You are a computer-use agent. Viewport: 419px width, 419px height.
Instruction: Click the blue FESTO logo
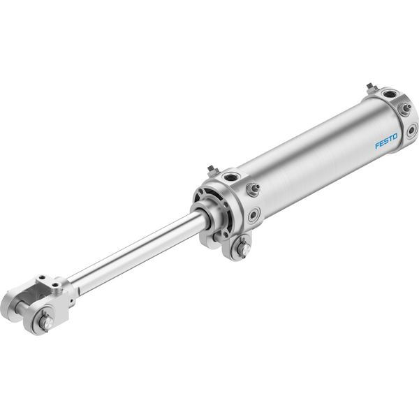click(x=386, y=141)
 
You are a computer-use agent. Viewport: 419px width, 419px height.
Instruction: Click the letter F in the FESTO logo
click(x=377, y=146)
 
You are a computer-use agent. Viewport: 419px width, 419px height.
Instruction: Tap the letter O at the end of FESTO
click(x=395, y=137)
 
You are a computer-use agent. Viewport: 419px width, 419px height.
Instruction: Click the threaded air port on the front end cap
click(x=230, y=177)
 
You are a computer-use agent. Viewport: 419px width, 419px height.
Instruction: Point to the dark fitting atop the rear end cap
click(x=371, y=88)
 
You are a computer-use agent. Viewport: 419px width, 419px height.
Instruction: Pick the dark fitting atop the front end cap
click(x=213, y=170)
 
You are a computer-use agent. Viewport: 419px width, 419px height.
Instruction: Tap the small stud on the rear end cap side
click(x=405, y=108)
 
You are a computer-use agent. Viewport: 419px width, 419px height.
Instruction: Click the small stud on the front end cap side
click(x=253, y=189)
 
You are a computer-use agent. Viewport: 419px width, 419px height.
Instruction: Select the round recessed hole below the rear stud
click(x=412, y=131)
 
